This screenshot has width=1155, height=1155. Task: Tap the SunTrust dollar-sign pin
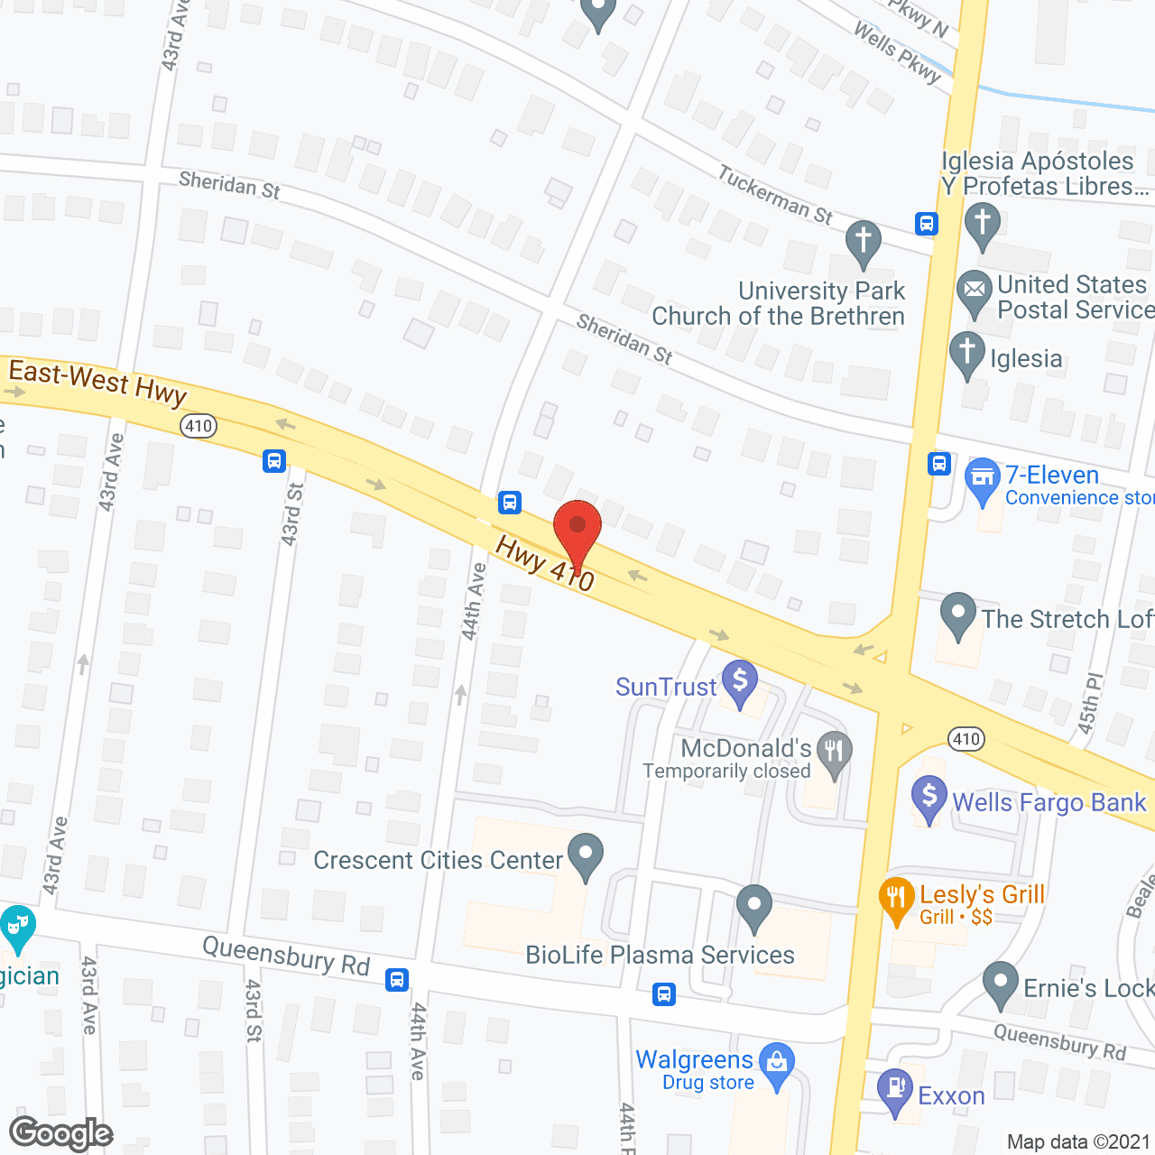[x=740, y=683]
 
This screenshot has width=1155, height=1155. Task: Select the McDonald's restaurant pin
[x=835, y=753]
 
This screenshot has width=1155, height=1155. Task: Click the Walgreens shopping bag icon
[x=776, y=1065]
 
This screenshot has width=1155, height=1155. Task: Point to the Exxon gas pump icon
[x=895, y=1091]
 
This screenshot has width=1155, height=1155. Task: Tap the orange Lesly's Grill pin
[x=896, y=900]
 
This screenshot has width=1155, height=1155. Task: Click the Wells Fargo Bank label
[x=1049, y=802]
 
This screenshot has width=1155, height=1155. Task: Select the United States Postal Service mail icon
[x=975, y=292]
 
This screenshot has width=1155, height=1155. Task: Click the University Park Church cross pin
[x=864, y=243]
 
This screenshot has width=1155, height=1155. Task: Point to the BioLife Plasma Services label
[x=660, y=955]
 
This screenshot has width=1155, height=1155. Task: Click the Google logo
[x=60, y=1133]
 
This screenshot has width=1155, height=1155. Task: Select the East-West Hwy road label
[x=97, y=381]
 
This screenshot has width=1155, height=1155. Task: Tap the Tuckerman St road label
[x=775, y=194]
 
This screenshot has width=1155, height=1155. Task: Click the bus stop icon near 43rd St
[x=274, y=461]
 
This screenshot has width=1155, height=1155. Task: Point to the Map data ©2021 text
[x=1078, y=1141]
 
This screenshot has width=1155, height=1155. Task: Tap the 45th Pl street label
[x=1091, y=705]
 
